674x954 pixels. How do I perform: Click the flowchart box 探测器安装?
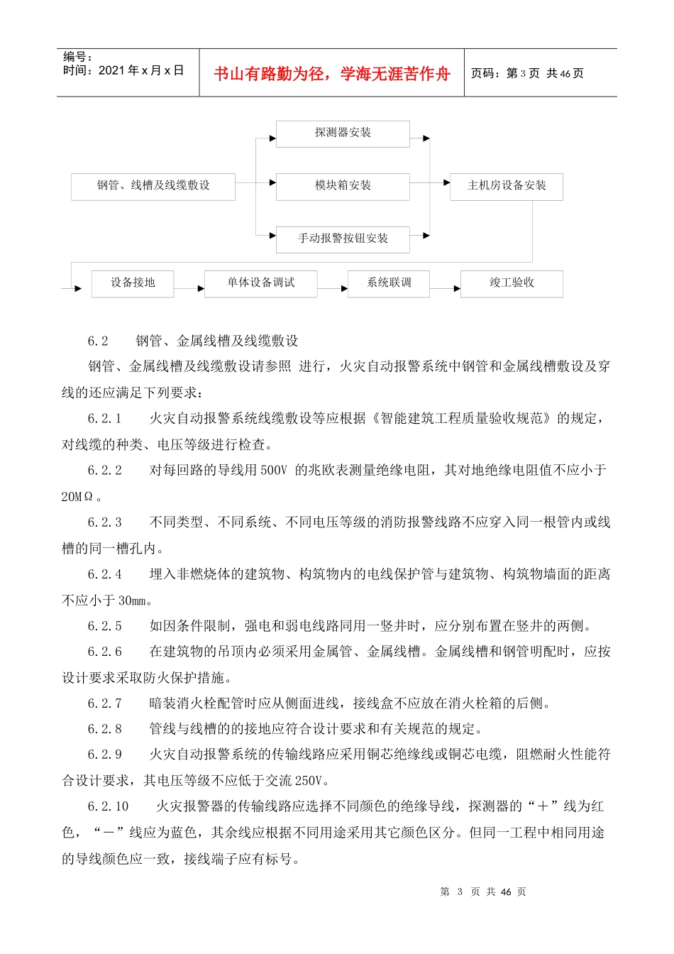coord(343,133)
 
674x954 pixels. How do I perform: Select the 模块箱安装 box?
coord(343,186)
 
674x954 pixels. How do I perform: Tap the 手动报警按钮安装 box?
coord(343,239)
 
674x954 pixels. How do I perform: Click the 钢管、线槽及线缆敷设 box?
coord(153,186)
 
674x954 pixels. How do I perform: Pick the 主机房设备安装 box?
coord(507,186)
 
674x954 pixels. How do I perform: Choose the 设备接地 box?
coord(133,283)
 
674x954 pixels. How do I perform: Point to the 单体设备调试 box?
coord(260,283)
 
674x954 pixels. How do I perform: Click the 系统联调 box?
coord(389,283)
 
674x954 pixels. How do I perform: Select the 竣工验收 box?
coord(512,283)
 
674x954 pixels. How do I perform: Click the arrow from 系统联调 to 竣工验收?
coord(446,288)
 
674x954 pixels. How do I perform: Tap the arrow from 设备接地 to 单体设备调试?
coord(189,288)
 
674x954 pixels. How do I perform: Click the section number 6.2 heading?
coord(98,341)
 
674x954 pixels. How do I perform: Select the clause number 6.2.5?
coord(105,626)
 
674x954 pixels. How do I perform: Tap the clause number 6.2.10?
coord(109,806)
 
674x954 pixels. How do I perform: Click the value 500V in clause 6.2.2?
coord(273,470)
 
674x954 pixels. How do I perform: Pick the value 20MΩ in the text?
coord(77,497)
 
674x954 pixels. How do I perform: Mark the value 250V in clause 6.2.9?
coord(308,781)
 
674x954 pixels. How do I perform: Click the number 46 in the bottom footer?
coord(506,892)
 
